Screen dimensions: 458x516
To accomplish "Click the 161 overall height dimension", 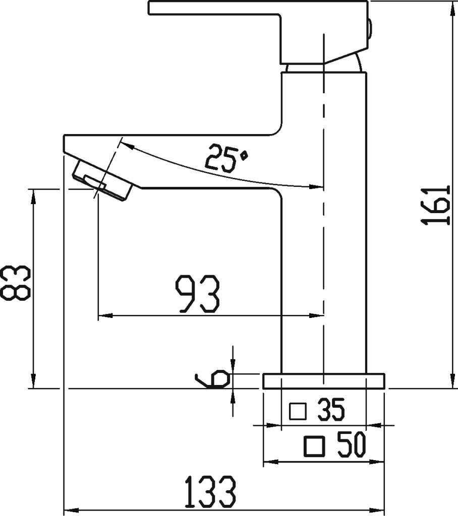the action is [x=436, y=206].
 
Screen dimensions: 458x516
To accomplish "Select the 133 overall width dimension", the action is [x=210, y=492].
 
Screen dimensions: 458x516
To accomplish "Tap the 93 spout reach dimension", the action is [x=197, y=294].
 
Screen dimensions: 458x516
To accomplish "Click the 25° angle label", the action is [x=227, y=158].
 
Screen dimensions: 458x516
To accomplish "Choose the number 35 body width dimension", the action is [x=331, y=410].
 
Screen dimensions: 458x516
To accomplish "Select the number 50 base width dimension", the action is [x=352, y=445].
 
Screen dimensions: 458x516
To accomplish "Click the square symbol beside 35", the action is [x=298, y=411].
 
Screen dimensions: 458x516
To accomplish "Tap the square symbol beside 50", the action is [x=314, y=446].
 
